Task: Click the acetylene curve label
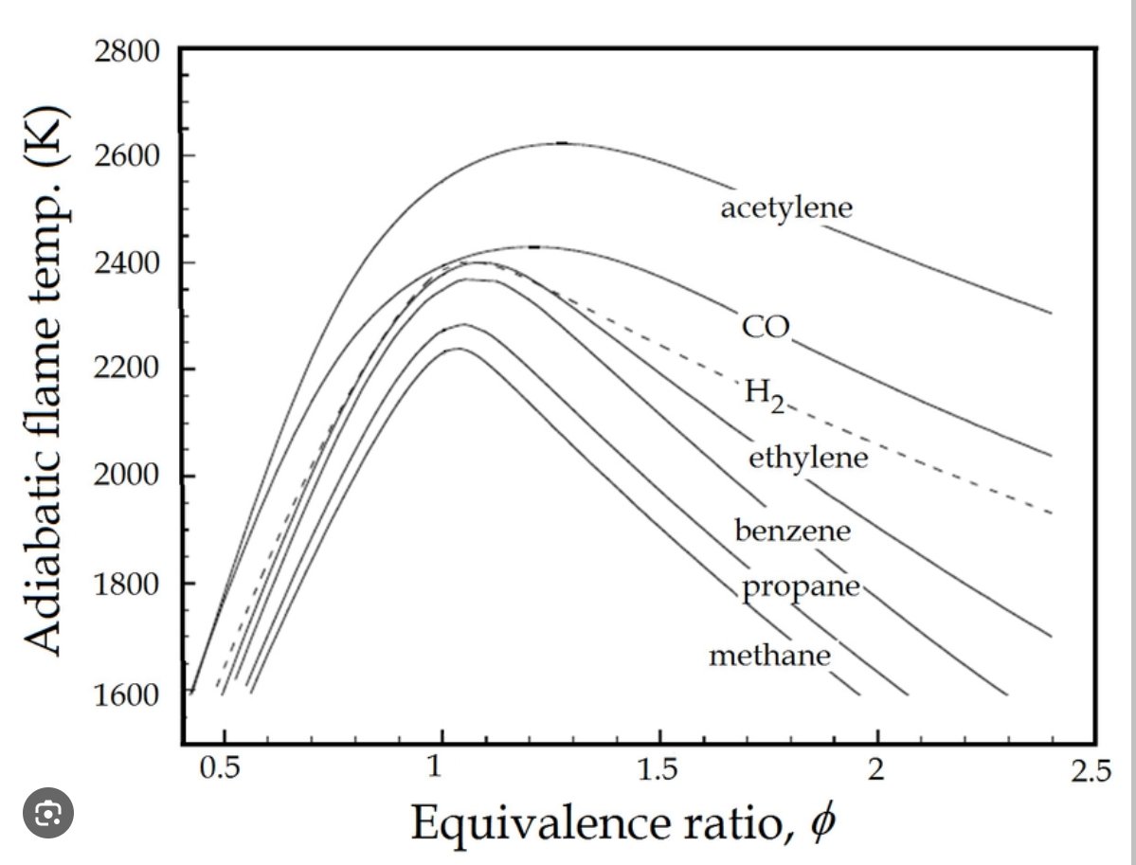[x=785, y=207]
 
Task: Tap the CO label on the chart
[x=766, y=327]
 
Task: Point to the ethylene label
[x=807, y=459]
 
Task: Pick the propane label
[x=801, y=587]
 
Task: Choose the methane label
[x=769, y=655]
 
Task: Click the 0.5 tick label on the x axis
[x=221, y=768]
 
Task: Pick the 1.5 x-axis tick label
[x=658, y=768]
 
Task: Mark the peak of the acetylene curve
[x=562, y=143]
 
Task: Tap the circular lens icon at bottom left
[x=47, y=813]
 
